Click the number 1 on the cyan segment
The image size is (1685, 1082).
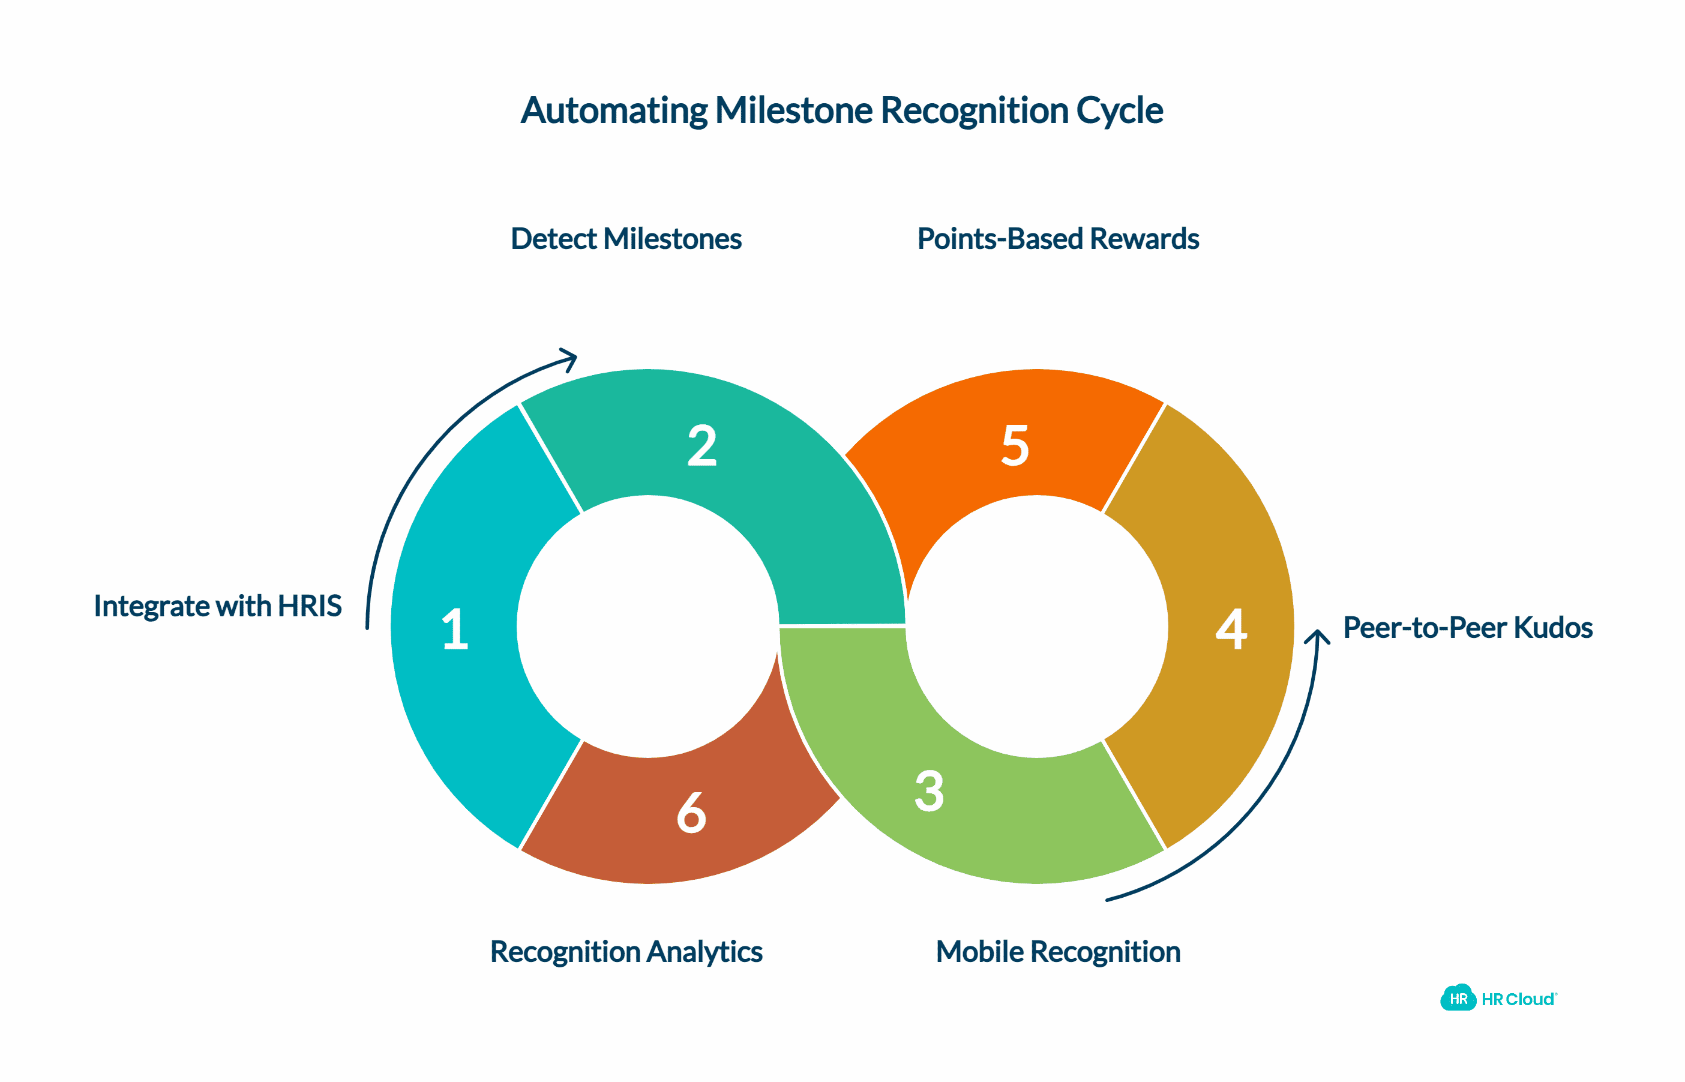coord(455,629)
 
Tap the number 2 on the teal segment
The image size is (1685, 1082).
coord(701,445)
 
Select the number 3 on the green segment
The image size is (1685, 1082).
coord(930,791)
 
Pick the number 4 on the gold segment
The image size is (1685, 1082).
coord(1231,629)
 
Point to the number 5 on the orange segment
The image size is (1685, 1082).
coord(1015,445)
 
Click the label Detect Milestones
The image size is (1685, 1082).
coord(626,239)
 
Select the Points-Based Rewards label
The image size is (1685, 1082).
coord(1058,239)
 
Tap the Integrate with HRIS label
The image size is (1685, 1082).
coord(218,606)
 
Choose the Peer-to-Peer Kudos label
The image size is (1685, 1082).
coord(1467,628)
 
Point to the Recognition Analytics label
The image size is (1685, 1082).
coord(626,952)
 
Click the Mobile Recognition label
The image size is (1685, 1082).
coord(1058,952)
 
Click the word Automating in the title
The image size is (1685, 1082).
coord(614,111)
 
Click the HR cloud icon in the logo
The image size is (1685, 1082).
coord(1458,999)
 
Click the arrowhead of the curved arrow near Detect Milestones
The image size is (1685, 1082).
coord(570,358)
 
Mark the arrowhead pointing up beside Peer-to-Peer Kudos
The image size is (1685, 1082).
coord(1318,636)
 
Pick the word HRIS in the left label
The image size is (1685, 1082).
coord(310,606)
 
